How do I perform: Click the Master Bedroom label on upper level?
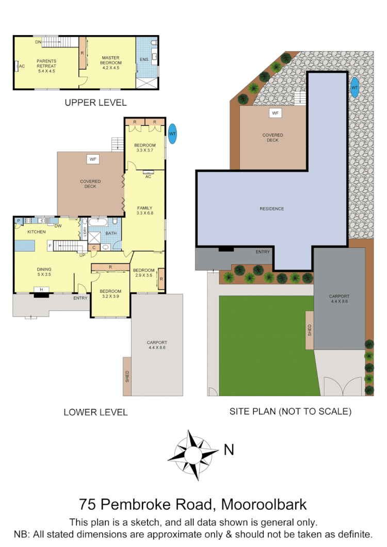(x=111, y=61)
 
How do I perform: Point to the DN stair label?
(x=38, y=42)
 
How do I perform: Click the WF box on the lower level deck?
(x=93, y=159)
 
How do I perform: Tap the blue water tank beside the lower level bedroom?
(x=172, y=134)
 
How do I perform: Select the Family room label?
(x=144, y=210)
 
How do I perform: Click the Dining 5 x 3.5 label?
(x=43, y=272)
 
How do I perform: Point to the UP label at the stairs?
(x=82, y=254)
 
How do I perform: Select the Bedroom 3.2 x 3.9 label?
(x=110, y=294)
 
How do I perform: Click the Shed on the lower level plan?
(x=127, y=376)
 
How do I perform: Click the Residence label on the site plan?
(x=271, y=209)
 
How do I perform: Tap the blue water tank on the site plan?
(x=354, y=88)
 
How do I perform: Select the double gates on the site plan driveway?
(x=343, y=386)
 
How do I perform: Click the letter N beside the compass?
(x=229, y=450)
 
